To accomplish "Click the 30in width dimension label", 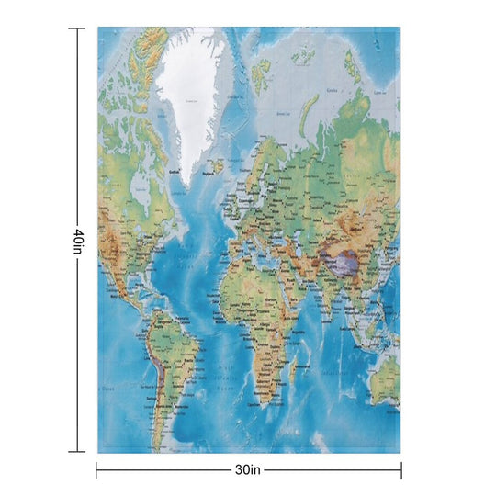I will [x=248, y=470].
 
